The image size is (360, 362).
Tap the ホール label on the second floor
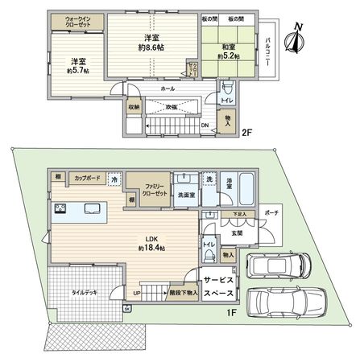tap(168, 88)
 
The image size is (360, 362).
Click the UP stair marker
tap(138, 294)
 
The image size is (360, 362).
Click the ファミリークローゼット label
tap(147, 189)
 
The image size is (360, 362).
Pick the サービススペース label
tap(218, 288)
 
